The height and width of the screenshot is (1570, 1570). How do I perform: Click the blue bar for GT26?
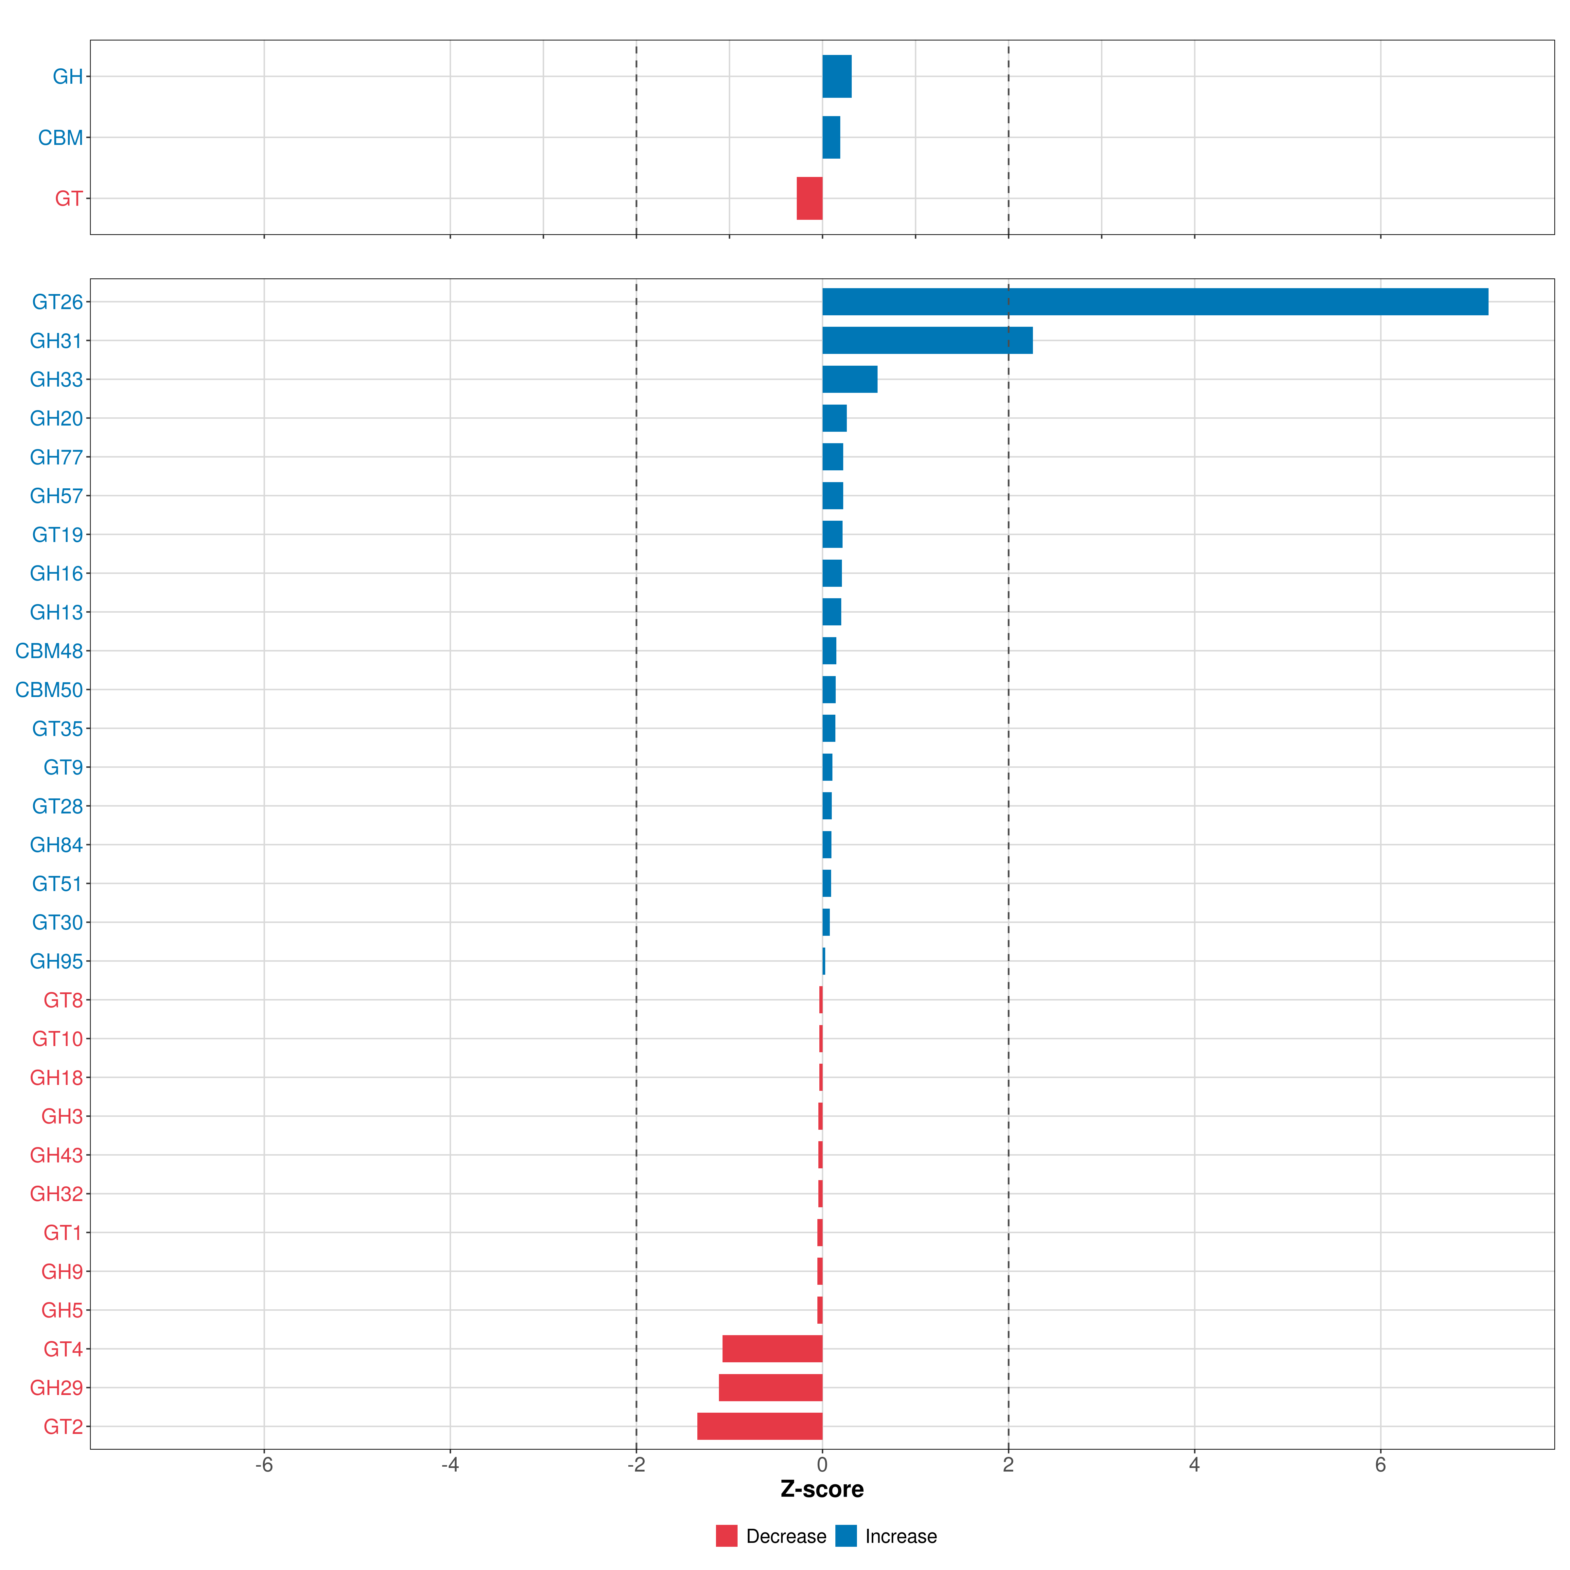click(x=1154, y=302)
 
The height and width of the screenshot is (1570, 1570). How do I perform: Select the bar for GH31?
click(x=926, y=340)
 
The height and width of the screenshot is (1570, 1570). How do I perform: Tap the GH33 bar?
click(x=849, y=379)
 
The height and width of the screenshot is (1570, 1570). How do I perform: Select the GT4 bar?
click(x=772, y=1349)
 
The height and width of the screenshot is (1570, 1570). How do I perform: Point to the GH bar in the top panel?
click(x=836, y=77)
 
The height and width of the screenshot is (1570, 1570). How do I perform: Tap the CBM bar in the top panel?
click(x=830, y=137)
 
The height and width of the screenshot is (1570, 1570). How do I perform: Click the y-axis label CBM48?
click(x=49, y=651)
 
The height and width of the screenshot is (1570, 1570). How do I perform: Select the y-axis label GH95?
click(x=56, y=961)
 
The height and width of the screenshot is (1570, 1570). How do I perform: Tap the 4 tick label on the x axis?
click(x=1194, y=1465)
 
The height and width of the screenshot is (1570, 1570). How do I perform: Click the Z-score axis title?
click(x=822, y=1490)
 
